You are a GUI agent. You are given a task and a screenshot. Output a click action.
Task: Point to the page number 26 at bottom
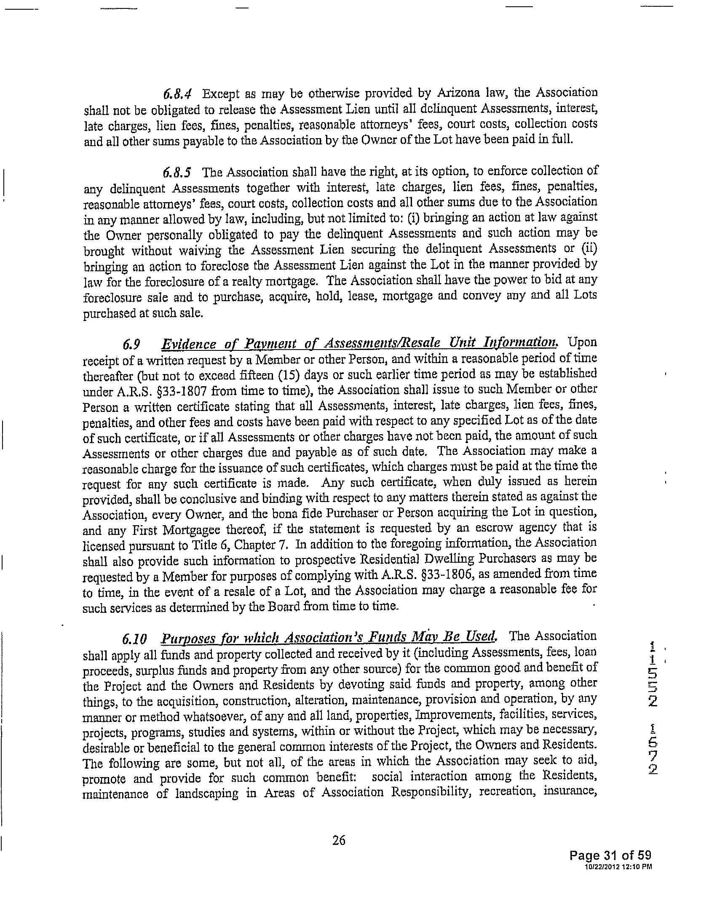coord(339,839)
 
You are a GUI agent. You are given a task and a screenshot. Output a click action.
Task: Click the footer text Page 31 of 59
coord(610,855)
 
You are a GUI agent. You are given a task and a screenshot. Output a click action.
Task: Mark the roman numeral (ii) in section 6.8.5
coord(589,248)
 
